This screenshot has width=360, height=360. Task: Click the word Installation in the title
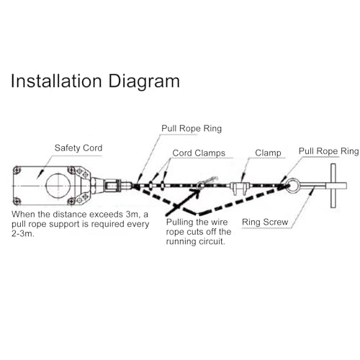56,81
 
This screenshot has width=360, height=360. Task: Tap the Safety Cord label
78,148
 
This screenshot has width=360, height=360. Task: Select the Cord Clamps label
199,153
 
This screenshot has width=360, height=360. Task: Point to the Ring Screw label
265,222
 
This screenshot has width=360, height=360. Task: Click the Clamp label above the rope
268,153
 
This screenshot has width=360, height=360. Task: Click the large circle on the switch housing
58,186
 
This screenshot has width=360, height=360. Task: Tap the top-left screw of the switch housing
17,170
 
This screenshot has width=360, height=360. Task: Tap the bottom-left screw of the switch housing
17,201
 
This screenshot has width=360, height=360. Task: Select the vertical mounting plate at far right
333,186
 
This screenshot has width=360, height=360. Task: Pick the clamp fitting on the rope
239,189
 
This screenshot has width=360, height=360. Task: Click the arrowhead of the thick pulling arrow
197,193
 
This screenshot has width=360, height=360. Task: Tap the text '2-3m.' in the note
23,233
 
